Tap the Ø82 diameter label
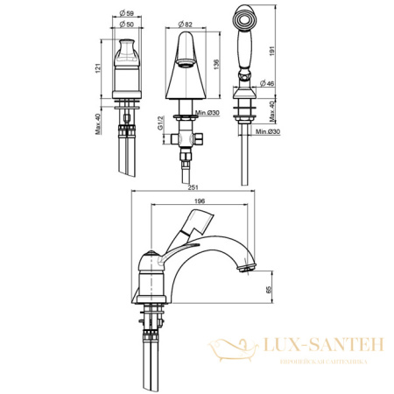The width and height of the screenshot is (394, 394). click(x=188, y=24)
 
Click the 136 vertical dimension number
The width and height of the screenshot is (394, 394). click(x=216, y=68)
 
